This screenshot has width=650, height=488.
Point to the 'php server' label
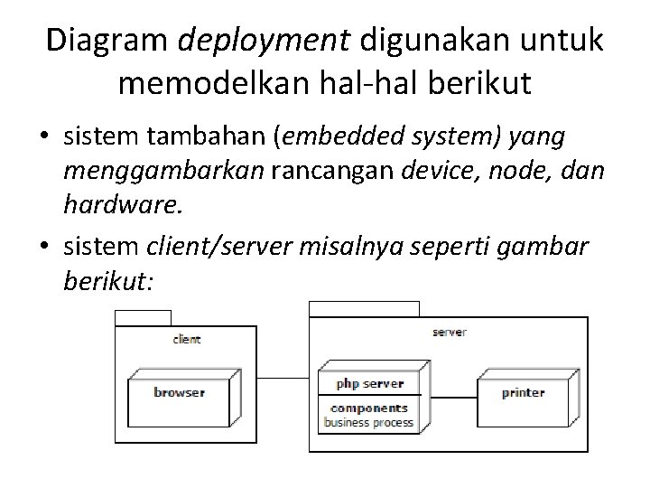pos(369,383)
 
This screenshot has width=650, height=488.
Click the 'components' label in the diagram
pos(369,408)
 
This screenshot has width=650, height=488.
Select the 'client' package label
pos(187,340)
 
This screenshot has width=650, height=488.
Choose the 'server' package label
pos(450,333)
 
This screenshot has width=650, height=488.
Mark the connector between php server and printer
pos(452,394)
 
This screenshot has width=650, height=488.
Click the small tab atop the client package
pos(142,317)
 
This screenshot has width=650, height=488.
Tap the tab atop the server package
pos(364,308)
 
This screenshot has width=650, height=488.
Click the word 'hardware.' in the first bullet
pos(123,206)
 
